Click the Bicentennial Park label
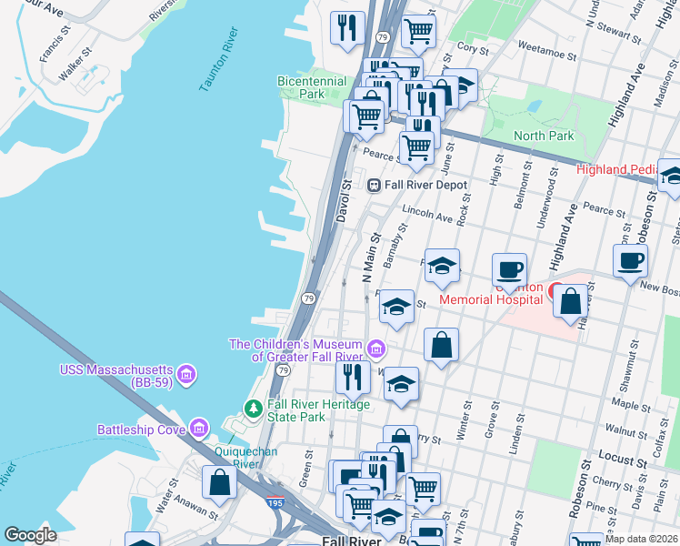coord(313,87)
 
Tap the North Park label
coord(544,136)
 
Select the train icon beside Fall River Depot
coord(373,185)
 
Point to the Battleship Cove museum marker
coord(198,429)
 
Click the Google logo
coord(30,534)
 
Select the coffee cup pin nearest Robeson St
coord(630,261)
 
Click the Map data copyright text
coord(640,538)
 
